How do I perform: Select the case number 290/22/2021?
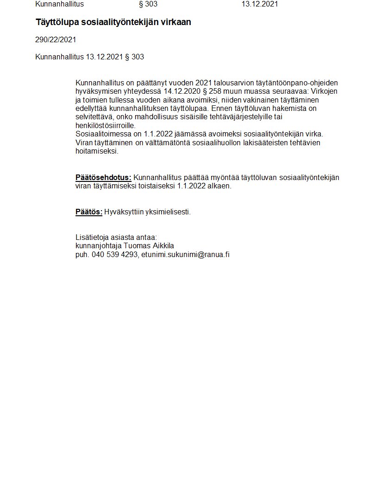coord(56,40)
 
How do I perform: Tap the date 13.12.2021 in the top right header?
coord(259,4)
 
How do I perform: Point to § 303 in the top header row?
coord(148,4)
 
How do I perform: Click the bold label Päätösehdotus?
coord(103,178)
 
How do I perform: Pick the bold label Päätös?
coord(89,212)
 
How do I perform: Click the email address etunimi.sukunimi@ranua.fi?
coord(185,255)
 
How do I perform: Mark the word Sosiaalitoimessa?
coord(103,134)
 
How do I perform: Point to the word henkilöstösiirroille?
coord(105,126)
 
